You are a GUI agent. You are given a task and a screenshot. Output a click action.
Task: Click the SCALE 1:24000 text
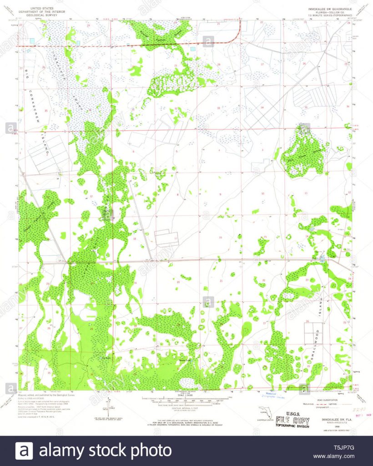[x=186, y=395]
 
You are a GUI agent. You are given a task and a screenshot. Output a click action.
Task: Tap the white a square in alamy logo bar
[x=24, y=451]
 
